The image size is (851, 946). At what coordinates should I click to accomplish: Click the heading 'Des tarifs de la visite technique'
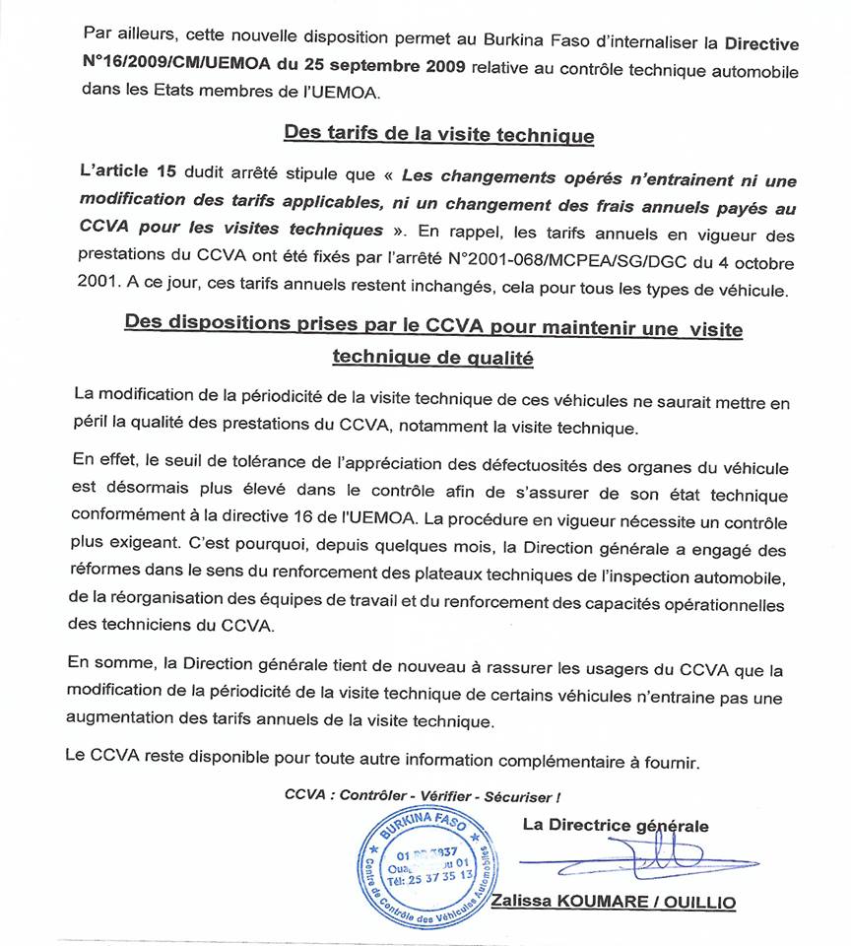[438, 134]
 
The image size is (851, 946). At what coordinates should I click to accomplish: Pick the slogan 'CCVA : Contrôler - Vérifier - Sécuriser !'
[424, 796]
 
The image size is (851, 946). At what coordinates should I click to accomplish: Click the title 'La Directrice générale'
[615, 826]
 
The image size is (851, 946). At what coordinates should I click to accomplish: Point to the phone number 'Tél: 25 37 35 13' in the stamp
[433, 874]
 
